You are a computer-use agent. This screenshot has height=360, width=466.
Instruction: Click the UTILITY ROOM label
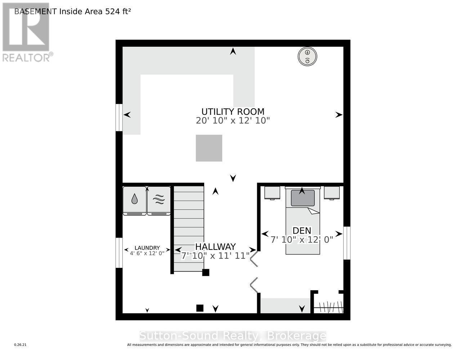click(x=233, y=112)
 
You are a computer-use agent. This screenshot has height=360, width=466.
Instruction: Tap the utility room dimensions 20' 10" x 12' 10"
click(x=233, y=121)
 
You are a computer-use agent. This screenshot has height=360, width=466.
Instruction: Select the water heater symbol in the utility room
click(x=307, y=57)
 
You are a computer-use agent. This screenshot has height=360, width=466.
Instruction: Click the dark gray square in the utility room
click(x=209, y=148)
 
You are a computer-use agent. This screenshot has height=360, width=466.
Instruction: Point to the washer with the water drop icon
click(x=134, y=201)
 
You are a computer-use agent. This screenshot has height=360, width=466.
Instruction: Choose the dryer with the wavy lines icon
click(x=159, y=201)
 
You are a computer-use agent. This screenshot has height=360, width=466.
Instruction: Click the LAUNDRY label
click(x=147, y=248)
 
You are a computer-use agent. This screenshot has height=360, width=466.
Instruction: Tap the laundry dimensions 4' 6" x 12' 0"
click(x=147, y=253)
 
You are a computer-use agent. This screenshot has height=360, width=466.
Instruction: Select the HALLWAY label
click(x=215, y=247)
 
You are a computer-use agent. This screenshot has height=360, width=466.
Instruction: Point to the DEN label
click(x=302, y=230)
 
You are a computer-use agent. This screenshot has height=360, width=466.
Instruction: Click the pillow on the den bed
click(x=303, y=198)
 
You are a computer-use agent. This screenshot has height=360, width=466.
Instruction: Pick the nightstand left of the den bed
click(x=272, y=193)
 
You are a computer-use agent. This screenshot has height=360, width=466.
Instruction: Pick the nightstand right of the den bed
click(x=332, y=193)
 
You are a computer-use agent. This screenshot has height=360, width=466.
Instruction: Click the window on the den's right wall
click(x=347, y=243)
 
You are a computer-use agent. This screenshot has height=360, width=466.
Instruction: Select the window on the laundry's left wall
click(x=119, y=252)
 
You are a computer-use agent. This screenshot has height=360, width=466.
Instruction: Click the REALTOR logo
click(x=26, y=32)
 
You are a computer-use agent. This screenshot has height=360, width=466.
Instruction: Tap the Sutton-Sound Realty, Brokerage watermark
click(x=233, y=336)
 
